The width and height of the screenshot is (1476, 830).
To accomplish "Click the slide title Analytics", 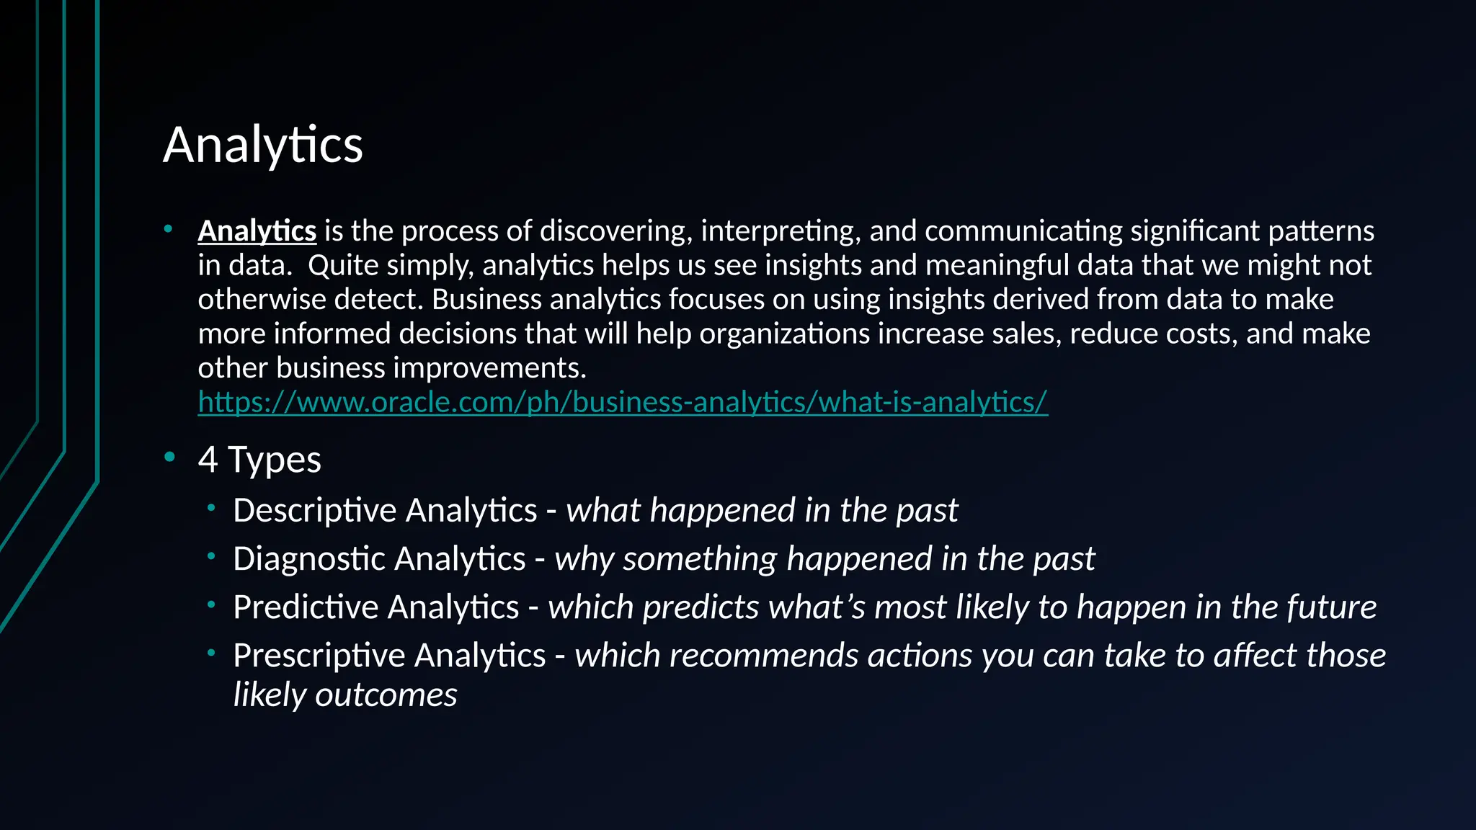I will pyautogui.click(x=263, y=146).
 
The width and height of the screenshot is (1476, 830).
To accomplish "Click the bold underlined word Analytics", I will pyautogui.click(x=257, y=231).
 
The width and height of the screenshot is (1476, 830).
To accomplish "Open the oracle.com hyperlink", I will pyautogui.click(x=623, y=402).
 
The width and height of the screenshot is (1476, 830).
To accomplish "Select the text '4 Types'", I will pyautogui.click(x=259, y=460).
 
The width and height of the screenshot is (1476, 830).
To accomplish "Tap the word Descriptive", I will pyautogui.click(x=314, y=511).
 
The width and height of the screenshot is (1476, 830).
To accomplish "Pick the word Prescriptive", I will pyautogui.click(x=318, y=656).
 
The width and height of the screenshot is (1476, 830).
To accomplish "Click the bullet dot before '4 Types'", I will pyautogui.click(x=169, y=457).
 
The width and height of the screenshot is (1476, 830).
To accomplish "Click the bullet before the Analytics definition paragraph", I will pyautogui.click(x=168, y=229).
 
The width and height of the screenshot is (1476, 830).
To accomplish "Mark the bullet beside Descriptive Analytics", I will pyautogui.click(x=211, y=508).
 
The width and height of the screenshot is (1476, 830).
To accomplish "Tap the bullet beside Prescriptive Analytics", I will pyautogui.click(x=211, y=653).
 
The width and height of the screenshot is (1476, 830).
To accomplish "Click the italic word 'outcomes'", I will pyautogui.click(x=386, y=695).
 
